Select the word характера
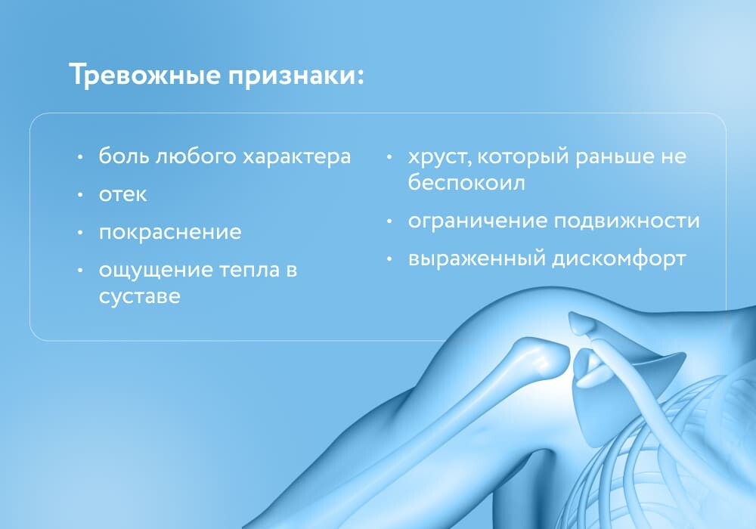click(296, 157)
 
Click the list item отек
click(122, 195)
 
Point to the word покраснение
click(170, 232)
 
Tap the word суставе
click(139, 295)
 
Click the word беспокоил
click(466, 182)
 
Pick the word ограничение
click(478, 221)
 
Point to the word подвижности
click(626, 221)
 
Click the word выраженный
click(477, 259)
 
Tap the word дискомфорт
click(618, 259)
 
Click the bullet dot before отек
click(81, 195)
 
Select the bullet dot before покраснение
click(81, 233)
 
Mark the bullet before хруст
click(389, 156)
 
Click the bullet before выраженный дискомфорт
click(389, 260)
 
